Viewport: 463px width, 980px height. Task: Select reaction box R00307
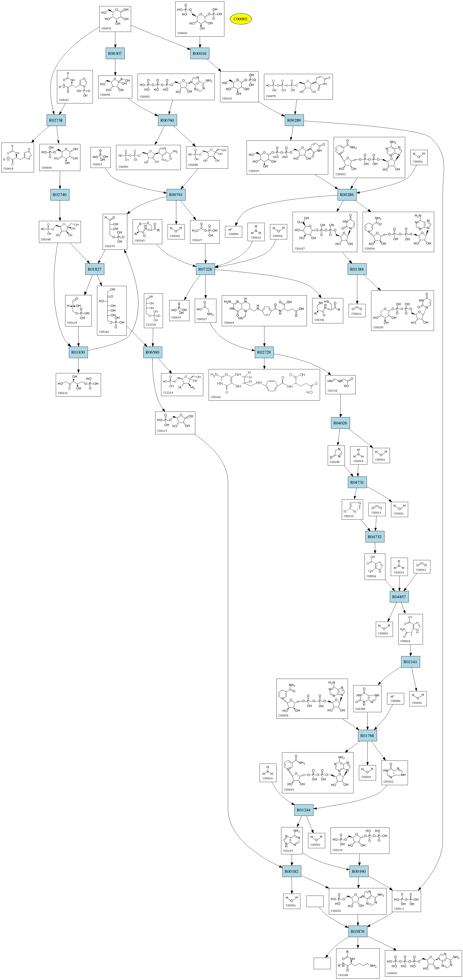coord(115,53)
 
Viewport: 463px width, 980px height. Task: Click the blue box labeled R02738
coord(56,120)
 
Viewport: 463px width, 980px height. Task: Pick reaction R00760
coord(167,120)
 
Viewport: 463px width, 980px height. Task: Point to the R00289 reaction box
coord(294,120)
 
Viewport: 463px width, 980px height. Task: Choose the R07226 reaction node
coord(205,269)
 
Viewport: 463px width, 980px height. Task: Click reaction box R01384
coord(357,269)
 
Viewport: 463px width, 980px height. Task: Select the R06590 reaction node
coord(153,352)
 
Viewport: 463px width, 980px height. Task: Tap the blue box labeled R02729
coord(264,352)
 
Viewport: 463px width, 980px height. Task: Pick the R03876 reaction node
coord(358,931)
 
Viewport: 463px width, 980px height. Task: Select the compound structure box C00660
coord(200,19)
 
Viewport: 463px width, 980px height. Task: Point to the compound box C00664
coord(264,310)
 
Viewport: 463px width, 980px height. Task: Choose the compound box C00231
coord(78,385)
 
